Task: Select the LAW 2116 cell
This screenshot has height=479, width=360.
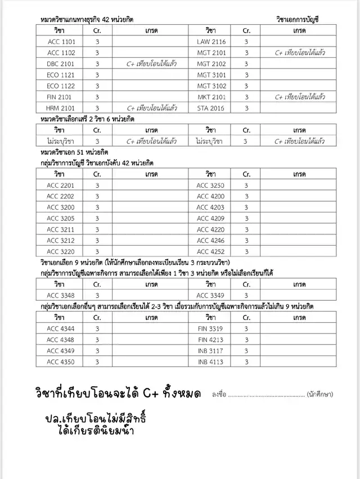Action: click(211, 42)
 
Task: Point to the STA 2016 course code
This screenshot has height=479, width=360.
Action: click(211, 108)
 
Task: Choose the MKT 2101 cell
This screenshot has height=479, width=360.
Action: click(211, 97)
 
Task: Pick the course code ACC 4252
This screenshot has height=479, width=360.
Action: click(211, 251)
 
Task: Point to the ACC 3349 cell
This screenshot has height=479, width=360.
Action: click(211, 295)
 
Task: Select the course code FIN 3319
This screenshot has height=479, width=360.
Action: click(211, 328)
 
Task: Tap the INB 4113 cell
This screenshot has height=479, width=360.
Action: click(211, 361)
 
